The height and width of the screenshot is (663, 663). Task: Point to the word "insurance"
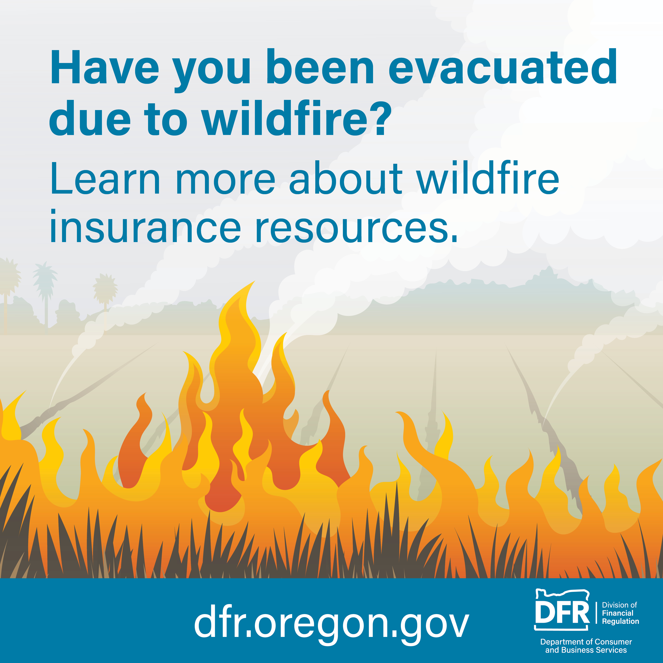(146, 226)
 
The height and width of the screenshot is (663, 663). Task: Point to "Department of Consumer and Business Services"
(586, 646)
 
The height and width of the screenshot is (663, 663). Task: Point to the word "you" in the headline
(212, 72)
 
